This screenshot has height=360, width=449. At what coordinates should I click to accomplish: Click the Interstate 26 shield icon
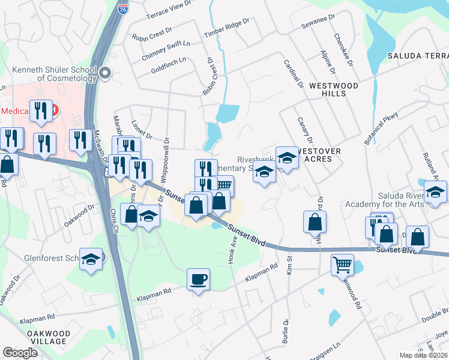pyautogui.click(x=122, y=10)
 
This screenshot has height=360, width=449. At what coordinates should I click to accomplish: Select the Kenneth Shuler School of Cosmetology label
pyautogui.click(x=50, y=73)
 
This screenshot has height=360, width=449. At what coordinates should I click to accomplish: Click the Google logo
pyautogui.click(x=20, y=352)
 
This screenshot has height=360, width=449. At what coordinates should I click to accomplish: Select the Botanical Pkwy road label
pyautogui.click(x=381, y=129)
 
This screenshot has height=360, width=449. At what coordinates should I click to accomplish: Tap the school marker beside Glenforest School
pyautogui.click(x=91, y=259)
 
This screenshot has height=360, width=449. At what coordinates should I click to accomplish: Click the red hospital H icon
pyautogui.click(x=55, y=110)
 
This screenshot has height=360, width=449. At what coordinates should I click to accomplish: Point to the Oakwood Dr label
pyautogui.click(x=80, y=215)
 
